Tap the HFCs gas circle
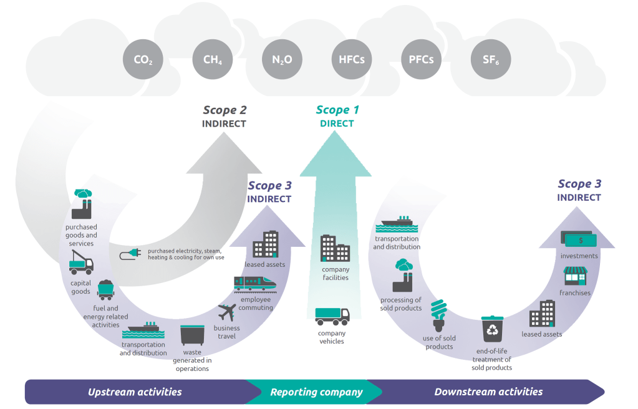tap(351, 60)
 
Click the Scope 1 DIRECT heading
tap(337, 117)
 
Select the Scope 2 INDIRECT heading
tap(224, 117)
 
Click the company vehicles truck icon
tap(332, 317)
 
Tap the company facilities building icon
tap(335, 248)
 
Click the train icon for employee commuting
tap(256, 284)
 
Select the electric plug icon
tap(130, 254)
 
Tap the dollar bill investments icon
tap(579, 239)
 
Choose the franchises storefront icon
tap(575, 276)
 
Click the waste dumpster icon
tap(192, 335)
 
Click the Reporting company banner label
tap(316, 392)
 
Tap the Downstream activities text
tap(488, 392)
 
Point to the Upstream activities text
tap(135, 392)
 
